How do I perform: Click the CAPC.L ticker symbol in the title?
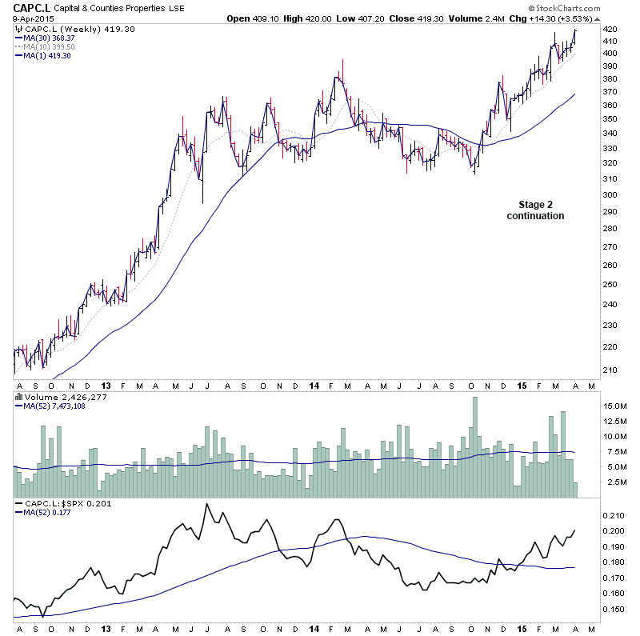pyautogui.click(x=26, y=7)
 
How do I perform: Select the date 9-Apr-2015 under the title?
pyautogui.click(x=26, y=19)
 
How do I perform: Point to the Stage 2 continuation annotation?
pyautogui.click(x=535, y=210)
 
